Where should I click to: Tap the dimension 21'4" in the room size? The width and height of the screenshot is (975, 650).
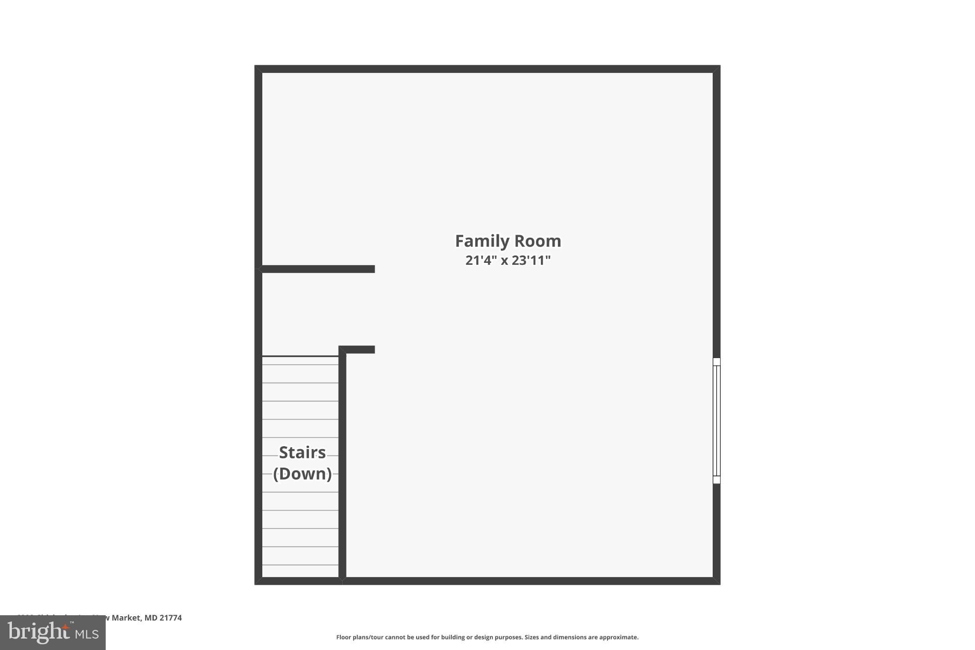point(481,260)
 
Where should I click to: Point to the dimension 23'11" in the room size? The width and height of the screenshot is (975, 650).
point(531,260)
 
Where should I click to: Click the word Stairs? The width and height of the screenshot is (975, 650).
point(302,452)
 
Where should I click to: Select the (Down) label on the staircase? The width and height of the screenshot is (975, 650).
point(302,474)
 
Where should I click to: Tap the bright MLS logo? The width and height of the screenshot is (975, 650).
point(52,633)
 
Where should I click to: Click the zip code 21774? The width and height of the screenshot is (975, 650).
point(170,618)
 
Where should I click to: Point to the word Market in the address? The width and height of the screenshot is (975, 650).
point(126,618)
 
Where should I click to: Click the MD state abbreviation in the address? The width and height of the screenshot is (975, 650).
point(151,618)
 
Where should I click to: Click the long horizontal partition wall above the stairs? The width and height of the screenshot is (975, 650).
point(318,269)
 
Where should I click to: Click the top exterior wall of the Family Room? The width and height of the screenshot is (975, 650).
point(487,69)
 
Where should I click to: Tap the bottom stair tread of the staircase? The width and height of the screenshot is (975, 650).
point(300,571)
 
